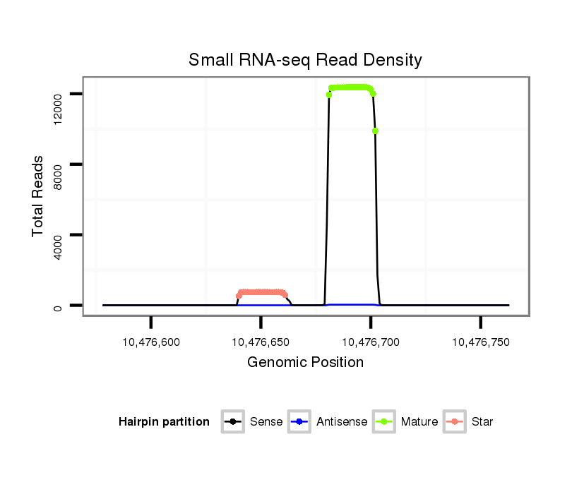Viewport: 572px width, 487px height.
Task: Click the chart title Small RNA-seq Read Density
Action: click(305, 60)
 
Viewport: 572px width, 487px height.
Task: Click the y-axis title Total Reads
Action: click(39, 196)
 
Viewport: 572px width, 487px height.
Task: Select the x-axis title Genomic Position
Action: click(305, 363)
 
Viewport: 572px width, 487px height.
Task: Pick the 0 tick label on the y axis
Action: click(59, 306)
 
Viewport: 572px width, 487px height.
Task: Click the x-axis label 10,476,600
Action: click(151, 342)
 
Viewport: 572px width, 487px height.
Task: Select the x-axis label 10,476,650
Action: click(261, 342)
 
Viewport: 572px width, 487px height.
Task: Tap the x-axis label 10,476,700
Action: click(371, 342)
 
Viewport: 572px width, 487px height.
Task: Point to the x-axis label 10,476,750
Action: click(480, 342)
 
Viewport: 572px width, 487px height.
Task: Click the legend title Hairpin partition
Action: click(164, 422)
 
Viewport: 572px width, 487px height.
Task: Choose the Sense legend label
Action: click(266, 422)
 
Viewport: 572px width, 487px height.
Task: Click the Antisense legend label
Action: click(342, 422)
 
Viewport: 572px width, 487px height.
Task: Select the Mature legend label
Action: click(419, 422)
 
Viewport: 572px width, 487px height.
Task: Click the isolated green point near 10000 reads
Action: click(375, 131)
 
